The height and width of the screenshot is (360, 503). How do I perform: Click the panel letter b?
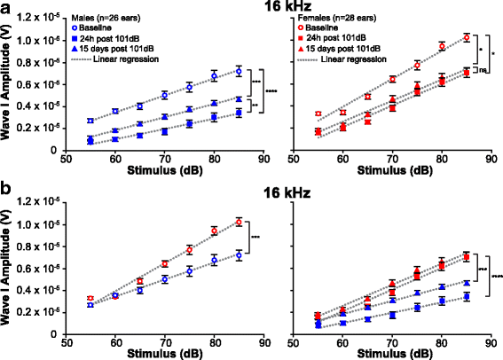[x=6, y=189]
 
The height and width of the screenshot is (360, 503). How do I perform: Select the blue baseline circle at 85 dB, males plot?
[x=239, y=71]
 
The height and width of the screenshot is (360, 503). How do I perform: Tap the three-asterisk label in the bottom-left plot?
[x=255, y=237]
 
